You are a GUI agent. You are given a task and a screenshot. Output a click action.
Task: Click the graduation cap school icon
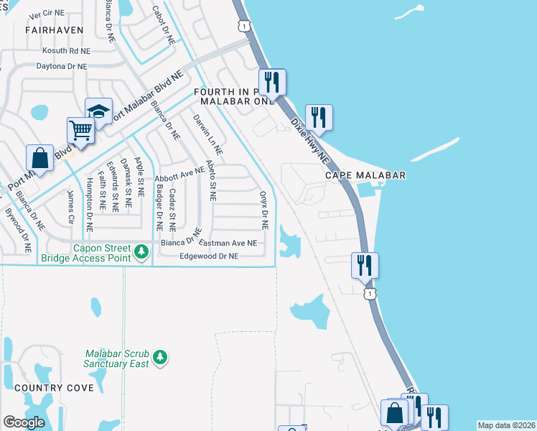(x=98, y=111)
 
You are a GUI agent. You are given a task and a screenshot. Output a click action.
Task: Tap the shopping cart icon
(x=81, y=131)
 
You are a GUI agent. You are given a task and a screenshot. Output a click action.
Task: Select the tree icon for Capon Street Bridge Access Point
(x=142, y=251)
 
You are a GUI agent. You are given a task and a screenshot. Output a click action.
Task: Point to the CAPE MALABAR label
(x=365, y=175)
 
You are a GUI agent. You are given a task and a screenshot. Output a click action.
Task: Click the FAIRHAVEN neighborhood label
(x=54, y=30)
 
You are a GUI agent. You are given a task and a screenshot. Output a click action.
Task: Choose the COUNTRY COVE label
(x=54, y=388)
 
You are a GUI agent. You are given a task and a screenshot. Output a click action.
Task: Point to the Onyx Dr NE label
(x=263, y=210)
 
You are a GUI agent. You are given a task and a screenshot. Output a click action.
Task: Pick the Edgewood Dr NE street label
(x=208, y=256)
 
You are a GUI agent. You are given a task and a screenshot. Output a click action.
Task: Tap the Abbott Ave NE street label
(x=179, y=172)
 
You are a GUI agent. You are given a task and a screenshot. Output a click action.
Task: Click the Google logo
(x=24, y=422)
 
